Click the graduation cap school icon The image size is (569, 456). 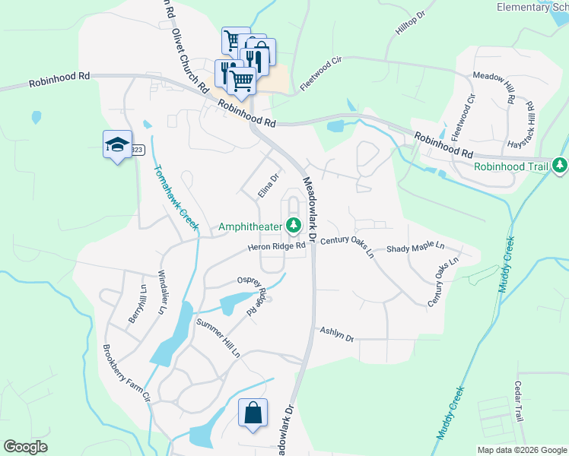[x=116, y=144]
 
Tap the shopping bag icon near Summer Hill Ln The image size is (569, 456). [x=253, y=413]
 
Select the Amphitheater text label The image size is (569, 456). [x=250, y=226]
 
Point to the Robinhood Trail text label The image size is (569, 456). [x=511, y=166]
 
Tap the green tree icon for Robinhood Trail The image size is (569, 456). [x=560, y=165]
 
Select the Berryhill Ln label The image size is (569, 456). [x=137, y=305]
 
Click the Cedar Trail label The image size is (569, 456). [x=519, y=401]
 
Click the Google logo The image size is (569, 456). [x=25, y=447]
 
